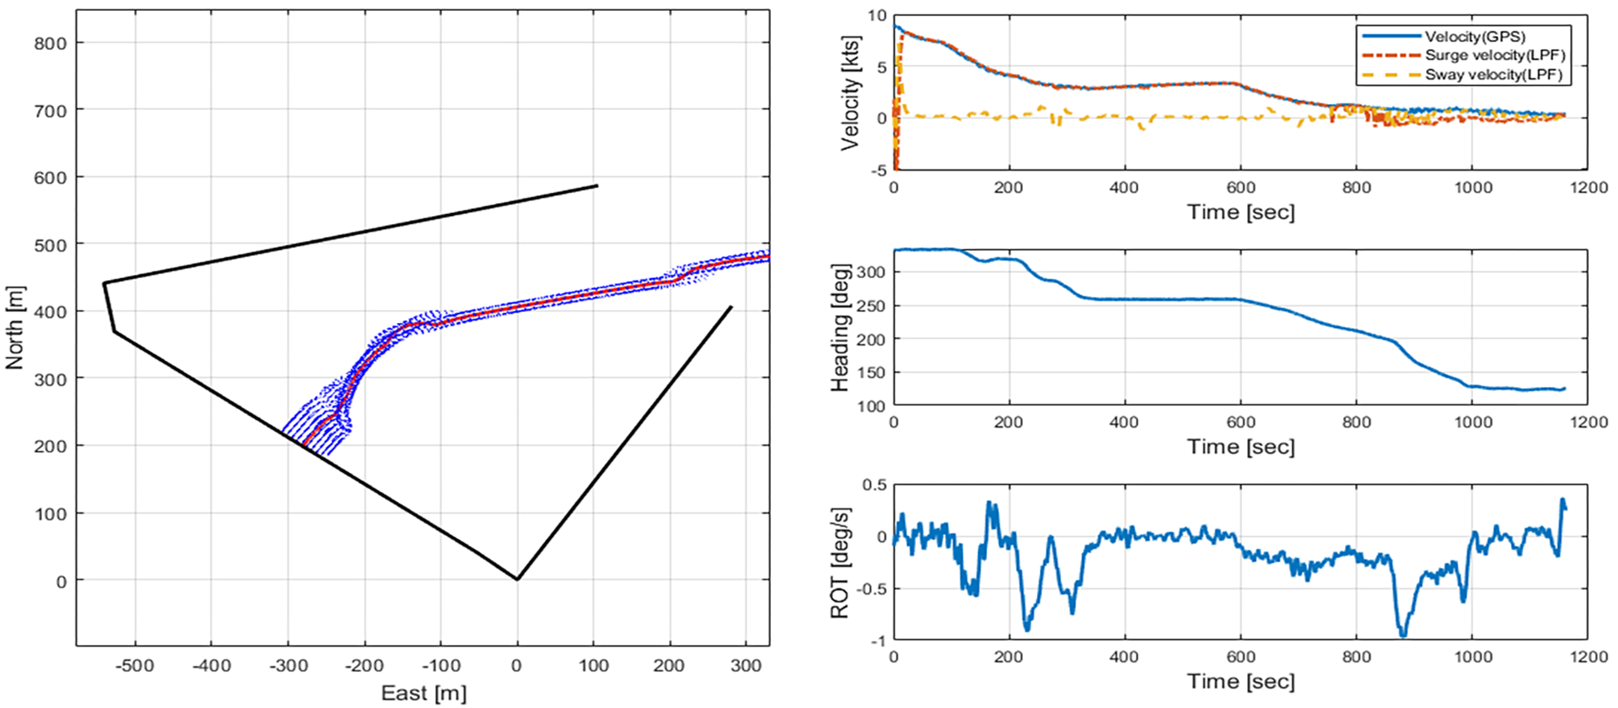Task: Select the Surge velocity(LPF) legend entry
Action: pyautogui.click(x=1495, y=55)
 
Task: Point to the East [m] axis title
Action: pyautogui.click(x=423, y=693)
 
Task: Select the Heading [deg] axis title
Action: pyautogui.click(x=840, y=327)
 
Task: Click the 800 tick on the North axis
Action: pyautogui.click(x=50, y=43)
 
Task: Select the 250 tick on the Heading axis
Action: pyautogui.click(x=871, y=306)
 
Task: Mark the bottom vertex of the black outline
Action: pyautogui.click(x=517, y=579)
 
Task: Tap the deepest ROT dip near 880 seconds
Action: pyautogui.click(x=1403, y=636)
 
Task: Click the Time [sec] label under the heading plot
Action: pyautogui.click(x=1240, y=447)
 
